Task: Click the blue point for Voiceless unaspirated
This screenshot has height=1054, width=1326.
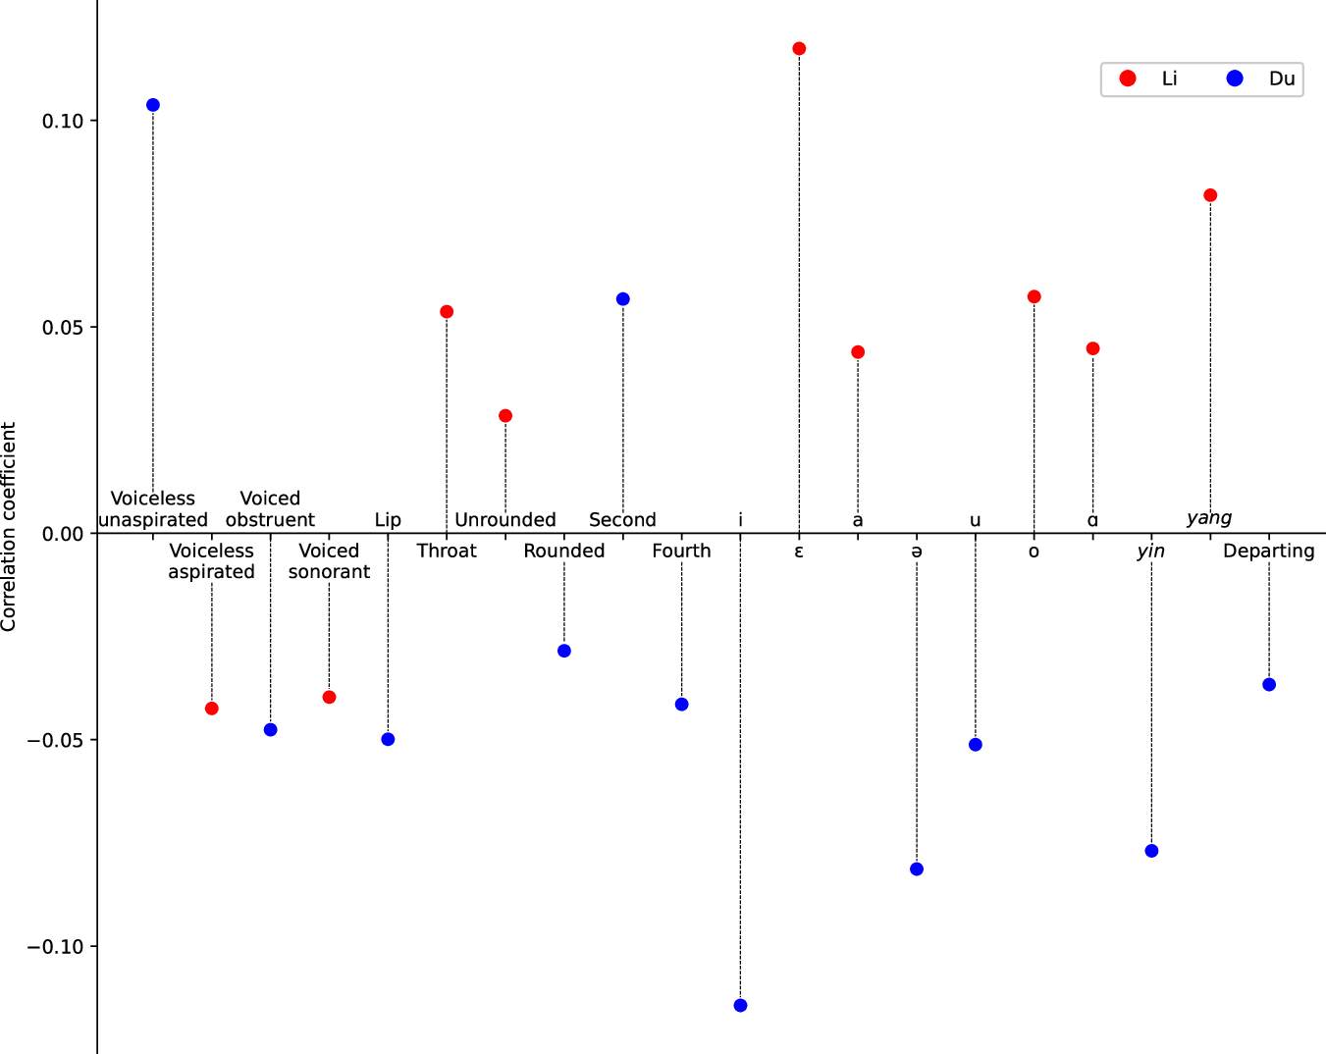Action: click(x=153, y=105)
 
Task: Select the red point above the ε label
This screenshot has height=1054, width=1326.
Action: click(x=799, y=49)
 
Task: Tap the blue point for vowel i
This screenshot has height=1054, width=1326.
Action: click(x=740, y=1005)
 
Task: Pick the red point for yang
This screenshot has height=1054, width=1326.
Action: click(x=1210, y=195)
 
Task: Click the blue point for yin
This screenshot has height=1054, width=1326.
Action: click(x=1151, y=851)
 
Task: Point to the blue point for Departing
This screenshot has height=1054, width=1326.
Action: click(x=1269, y=685)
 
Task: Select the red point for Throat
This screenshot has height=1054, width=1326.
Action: click(x=447, y=312)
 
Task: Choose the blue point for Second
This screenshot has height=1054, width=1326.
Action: click(x=623, y=299)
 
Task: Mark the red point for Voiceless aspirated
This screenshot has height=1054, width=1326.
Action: click(x=212, y=709)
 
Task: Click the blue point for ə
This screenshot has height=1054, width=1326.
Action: click(x=917, y=870)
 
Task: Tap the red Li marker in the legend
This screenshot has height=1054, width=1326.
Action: click(x=1128, y=79)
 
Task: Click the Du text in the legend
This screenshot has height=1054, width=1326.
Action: click(x=1282, y=79)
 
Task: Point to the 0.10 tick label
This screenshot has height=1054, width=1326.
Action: click(x=63, y=121)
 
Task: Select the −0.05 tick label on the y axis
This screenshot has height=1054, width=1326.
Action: click(x=56, y=740)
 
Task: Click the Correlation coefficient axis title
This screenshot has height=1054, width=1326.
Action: click(x=10, y=527)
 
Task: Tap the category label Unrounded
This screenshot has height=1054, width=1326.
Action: click(x=505, y=520)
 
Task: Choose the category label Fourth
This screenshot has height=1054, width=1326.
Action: click(x=681, y=551)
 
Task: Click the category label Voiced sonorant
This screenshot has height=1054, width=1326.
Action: click(x=329, y=561)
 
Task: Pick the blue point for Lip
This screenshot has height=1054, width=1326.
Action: click(x=388, y=739)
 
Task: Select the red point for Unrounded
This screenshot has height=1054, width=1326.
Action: click(x=505, y=416)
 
